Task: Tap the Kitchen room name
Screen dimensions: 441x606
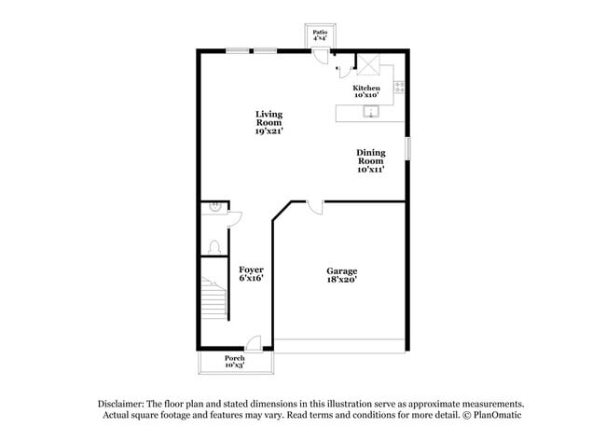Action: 365,91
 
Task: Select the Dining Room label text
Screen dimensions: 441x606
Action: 370,160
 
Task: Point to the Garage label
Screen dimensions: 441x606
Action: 341,275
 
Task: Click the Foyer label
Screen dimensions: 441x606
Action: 251,273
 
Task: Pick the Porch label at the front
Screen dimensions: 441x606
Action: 235,361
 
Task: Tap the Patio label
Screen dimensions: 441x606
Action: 320,35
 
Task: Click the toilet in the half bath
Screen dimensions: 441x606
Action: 215,247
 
